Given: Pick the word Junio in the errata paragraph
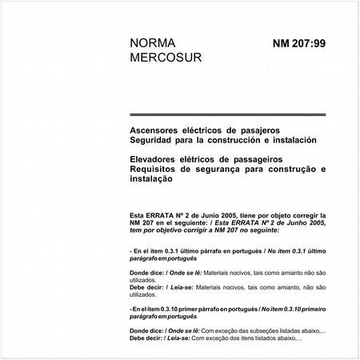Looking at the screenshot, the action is [201, 216].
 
